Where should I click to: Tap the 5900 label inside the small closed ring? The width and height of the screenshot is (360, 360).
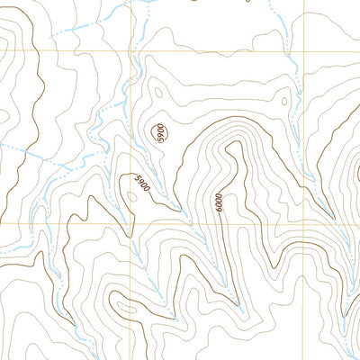160,133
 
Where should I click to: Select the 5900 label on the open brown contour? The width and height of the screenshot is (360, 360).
141,184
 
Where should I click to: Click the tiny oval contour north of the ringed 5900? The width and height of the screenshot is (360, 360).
157,91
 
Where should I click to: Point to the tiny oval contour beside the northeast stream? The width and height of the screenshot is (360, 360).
283,100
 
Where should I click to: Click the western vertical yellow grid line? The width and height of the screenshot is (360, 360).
133,135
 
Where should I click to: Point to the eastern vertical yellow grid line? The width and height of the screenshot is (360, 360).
304,135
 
